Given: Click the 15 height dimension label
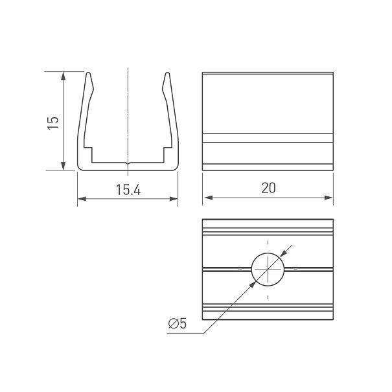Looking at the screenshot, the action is pyautogui.click(x=53, y=122).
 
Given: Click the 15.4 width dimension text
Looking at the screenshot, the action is pyautogui.click(x=128, y=190).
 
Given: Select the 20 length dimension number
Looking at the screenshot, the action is pyautogui.click(x=268, y=188).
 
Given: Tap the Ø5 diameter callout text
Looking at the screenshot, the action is pyautogui.click(x=178, y=323).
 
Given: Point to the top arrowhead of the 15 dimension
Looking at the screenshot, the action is pyautogui.click(x=63, y=76).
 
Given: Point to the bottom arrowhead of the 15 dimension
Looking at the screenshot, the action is pyautogui.click(x=63, y=167).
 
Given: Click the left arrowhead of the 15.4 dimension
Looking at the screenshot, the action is pyautogui.click(x=82, y=199).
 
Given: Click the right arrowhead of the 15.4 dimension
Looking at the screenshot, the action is pyautogui.click(x=174, y=199).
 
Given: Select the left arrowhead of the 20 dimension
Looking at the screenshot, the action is pyautogui.click(x=208, y=198).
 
